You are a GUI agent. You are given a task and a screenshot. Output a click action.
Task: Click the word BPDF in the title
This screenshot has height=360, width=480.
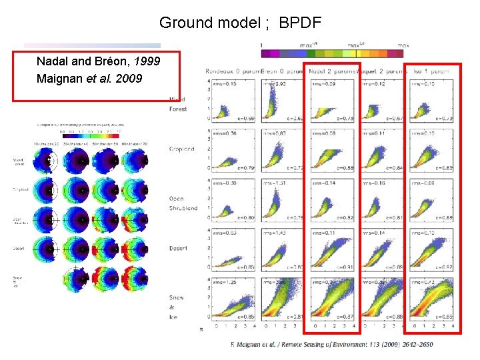click(x=300, y=23)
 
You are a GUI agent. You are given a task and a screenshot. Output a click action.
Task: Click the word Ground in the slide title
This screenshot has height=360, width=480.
click(x=187, y=23)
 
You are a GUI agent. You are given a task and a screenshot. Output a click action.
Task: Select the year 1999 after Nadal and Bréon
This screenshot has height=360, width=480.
click(x=146, y=61)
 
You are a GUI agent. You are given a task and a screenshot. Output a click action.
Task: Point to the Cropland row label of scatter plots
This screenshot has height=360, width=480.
click(x=181, y=149)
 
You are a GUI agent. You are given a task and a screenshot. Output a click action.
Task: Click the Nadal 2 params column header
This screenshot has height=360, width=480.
click(x=332, y=71)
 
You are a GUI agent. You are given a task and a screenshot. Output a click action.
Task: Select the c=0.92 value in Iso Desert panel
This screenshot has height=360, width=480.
click(x=443, y=267)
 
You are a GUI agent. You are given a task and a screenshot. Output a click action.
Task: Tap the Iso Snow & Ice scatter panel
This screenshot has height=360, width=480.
click(x=433, y=300)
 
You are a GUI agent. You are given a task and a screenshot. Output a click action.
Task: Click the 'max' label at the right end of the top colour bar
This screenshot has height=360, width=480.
click(x=402, y=45)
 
